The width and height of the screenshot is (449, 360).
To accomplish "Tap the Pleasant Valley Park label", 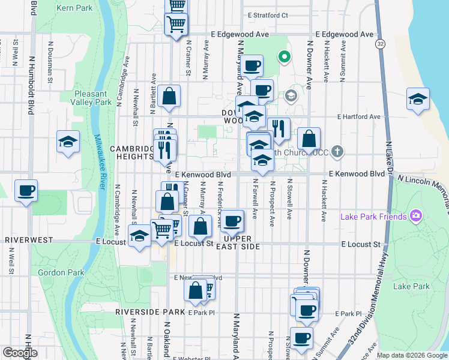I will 91,98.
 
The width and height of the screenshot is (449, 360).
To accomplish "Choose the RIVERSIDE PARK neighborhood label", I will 150,312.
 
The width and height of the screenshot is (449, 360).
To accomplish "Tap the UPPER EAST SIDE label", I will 238,242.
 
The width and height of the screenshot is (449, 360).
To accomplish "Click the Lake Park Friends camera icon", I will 415,216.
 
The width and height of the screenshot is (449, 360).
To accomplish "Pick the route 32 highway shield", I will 380,44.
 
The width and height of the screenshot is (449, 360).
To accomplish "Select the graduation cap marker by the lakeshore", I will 417,99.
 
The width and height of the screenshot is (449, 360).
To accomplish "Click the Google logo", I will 19,353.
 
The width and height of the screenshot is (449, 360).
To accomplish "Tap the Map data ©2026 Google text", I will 412,355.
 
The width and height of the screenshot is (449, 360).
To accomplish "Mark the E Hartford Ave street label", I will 359,116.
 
